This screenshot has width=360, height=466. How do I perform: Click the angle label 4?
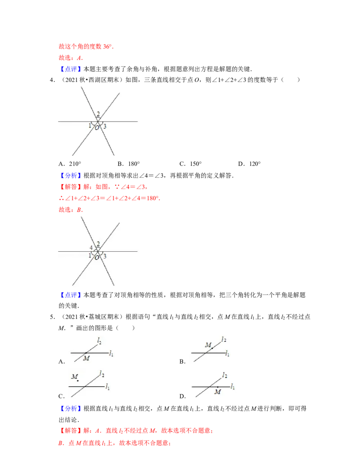click(x=91, y=248)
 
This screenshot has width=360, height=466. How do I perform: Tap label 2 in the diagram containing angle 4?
click(x=98, y=244)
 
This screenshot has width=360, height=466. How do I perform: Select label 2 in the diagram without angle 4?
click(x=98, y=114)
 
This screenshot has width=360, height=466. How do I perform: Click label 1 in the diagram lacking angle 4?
click(x=90, y=126)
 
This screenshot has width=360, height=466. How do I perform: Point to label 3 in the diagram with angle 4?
click(x=105, y=256)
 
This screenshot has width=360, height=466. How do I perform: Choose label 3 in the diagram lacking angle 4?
click(x=105, y=127)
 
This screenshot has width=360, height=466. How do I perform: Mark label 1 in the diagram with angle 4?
click(x=90, y=256)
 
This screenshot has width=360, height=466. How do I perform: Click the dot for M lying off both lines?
click(x=77, y=381)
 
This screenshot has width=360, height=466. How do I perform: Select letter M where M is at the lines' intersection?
click(x=86, y=358)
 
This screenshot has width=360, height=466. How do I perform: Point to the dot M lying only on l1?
click(x=218, y=387)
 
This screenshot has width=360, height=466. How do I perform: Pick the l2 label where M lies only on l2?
click(x=224, y=339)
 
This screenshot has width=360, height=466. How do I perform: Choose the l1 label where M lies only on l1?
click(x=233, y=387)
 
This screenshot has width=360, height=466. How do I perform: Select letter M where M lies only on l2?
click(x=208, y=345)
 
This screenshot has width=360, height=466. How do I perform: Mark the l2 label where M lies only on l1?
click(x=224, y=375)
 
